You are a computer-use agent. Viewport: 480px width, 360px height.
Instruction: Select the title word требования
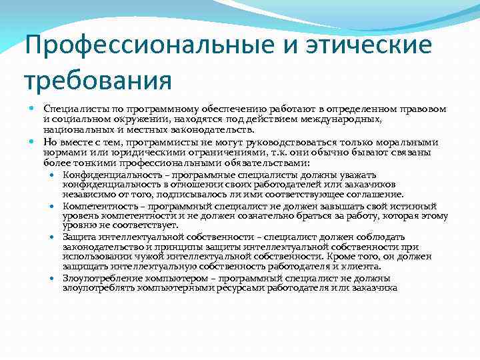pos(98,81)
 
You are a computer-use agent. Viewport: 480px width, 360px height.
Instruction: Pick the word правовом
pos(423,109)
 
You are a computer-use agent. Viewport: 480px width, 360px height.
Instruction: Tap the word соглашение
pos(373,195)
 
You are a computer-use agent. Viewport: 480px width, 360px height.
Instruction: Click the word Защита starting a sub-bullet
pos(79,237)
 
